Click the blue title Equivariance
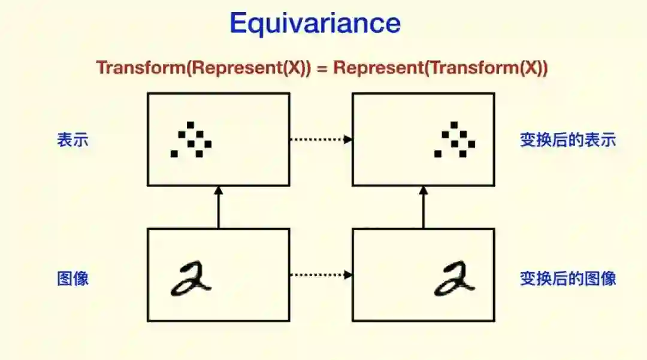coord(315,24)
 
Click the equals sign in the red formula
coord(322,68)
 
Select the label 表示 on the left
coord(73,140)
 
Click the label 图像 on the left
coord(73,278)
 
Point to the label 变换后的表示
coord(568,140)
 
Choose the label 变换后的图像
coord(568,278)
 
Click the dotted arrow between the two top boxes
coord(321,140)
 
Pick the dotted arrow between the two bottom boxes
coord(321,276)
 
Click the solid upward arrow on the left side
coord(219,207)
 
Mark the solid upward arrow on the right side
coord(424,207)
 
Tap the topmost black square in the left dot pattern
coord(191,125)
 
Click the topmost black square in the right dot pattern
coord(454,125)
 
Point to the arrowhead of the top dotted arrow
coord(349,140)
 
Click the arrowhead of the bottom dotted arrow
coord(349,276)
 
